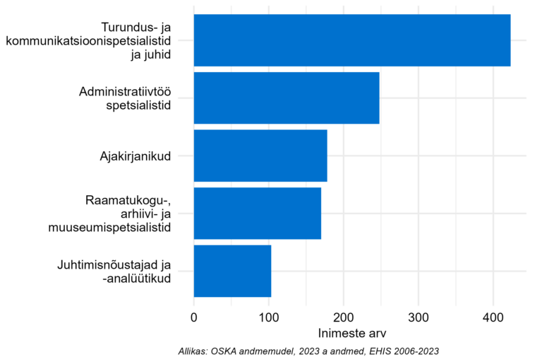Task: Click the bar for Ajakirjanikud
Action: [260, 156]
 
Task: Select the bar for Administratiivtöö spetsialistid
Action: [287, 98]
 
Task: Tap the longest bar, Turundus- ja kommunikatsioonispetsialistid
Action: [352, 40]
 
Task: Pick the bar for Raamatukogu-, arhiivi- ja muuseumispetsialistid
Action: [257, 214]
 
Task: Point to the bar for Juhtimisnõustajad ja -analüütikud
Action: [232, 271]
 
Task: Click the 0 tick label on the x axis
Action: [194, 317]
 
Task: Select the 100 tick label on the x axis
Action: [269, 317]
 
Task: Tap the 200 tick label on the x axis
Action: [344, 317]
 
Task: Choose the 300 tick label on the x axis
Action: [418, 317]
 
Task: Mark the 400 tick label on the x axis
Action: [493, 317]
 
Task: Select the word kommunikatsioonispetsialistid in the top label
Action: [88, 40]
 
